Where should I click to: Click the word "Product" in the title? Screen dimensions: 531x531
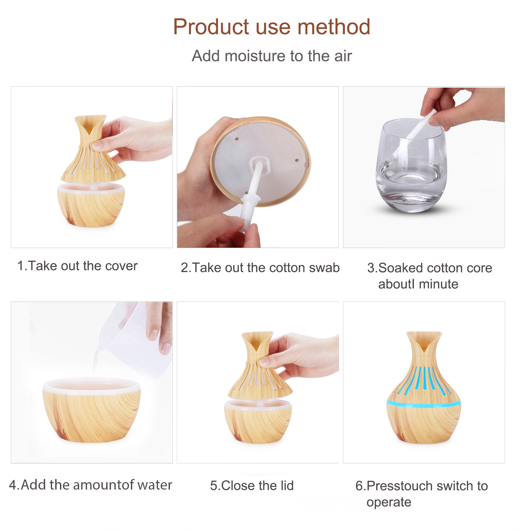(211, 27)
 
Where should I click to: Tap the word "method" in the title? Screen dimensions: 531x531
(334, 27)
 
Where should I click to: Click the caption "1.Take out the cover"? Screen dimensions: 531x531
(78, 266)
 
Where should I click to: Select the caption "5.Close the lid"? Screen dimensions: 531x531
(252, 485)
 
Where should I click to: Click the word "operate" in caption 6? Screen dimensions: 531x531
(389, 502)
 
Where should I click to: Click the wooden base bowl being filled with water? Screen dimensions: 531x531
(92, 410)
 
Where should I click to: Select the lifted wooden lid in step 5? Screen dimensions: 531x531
(260, 366)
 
